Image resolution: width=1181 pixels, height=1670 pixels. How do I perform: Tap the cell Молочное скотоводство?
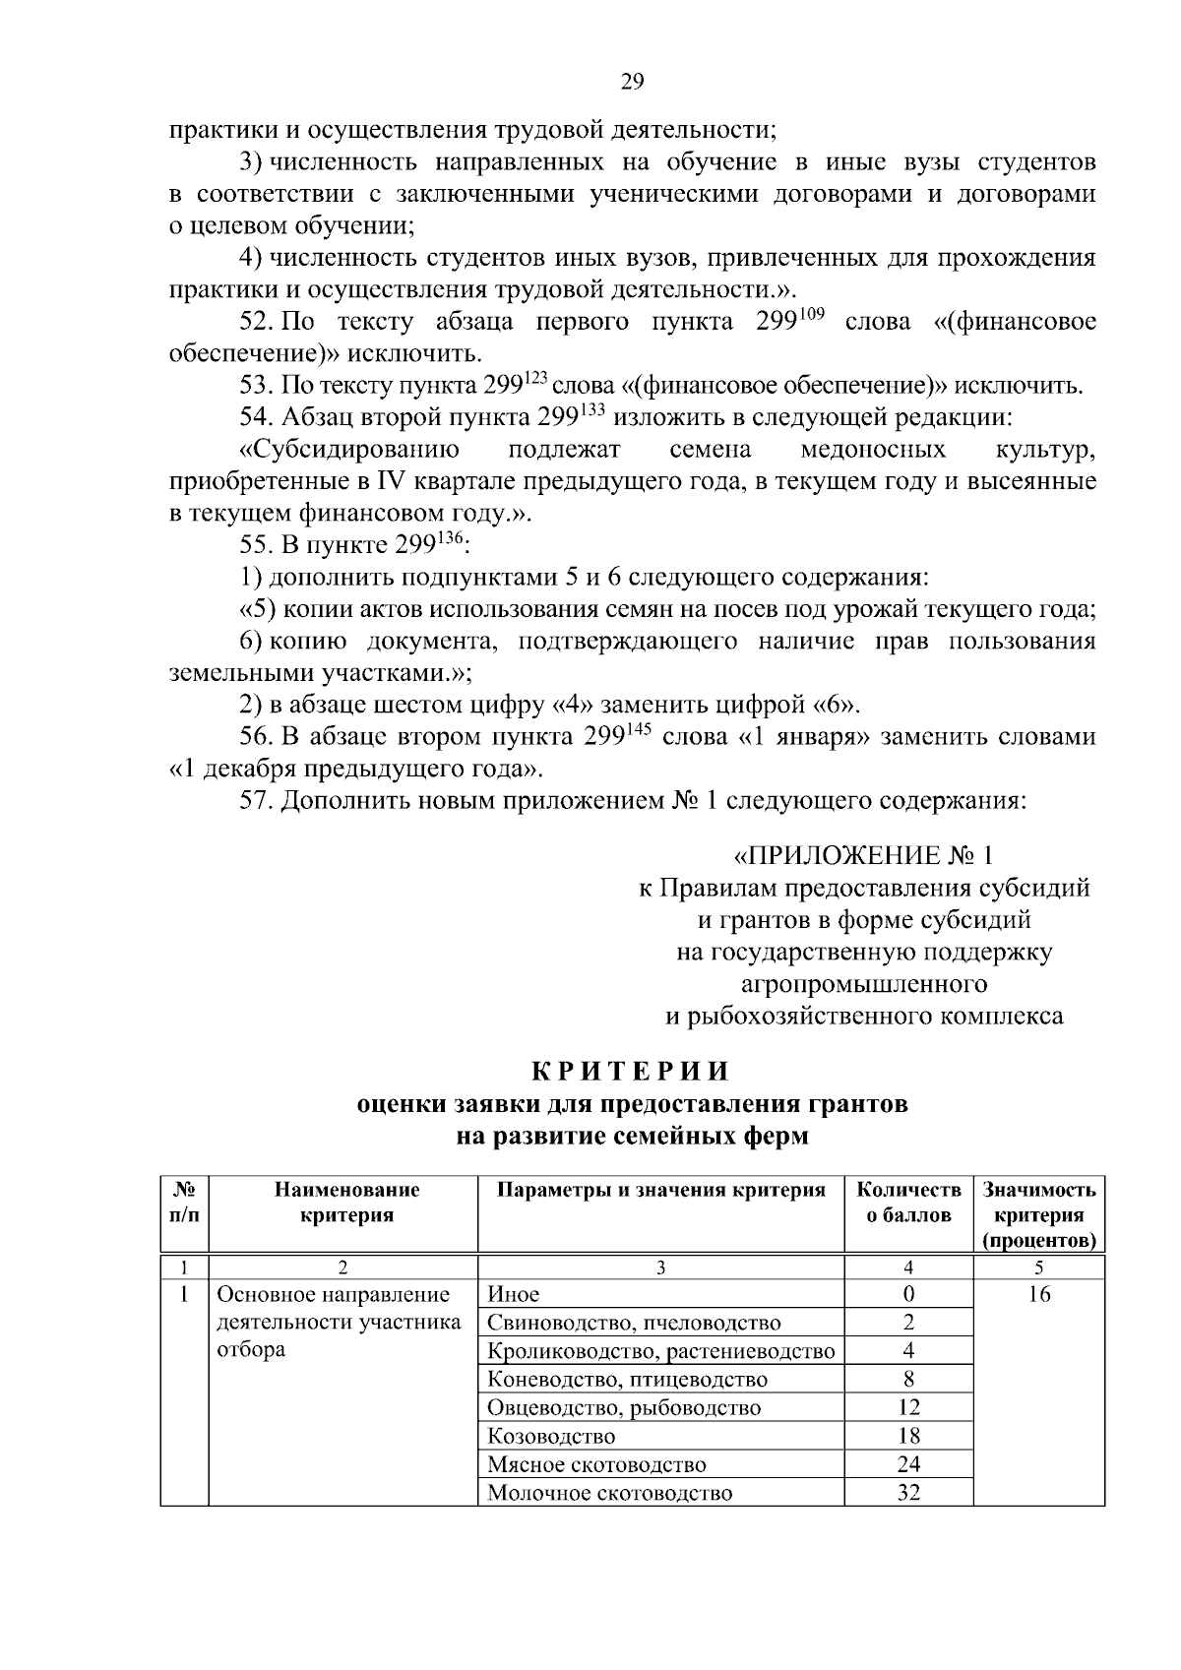tap(610, 1493)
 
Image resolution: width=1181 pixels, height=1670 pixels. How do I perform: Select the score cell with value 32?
tap(908, 1493)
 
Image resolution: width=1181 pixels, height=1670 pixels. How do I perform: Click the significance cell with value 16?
tap(1038, 1294)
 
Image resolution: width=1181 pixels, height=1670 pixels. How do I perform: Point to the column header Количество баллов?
tap(908, 1202)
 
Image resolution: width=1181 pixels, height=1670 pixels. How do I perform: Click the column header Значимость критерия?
tap(1038, 1214)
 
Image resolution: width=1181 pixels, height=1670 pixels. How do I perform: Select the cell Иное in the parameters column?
tap(514, 1294)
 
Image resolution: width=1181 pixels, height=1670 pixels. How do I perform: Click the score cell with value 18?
tap(908, 1436)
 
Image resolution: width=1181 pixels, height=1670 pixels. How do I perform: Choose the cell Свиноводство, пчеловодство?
tap(634, 1323)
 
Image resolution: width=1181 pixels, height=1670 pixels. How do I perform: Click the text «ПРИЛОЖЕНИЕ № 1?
tap(864, 853)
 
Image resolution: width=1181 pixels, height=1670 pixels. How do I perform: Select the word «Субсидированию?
tap(349, 450)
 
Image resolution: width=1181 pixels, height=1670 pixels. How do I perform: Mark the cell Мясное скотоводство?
tap(596, 1464)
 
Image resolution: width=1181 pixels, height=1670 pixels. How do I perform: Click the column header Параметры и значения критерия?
tap(660, 1190)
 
